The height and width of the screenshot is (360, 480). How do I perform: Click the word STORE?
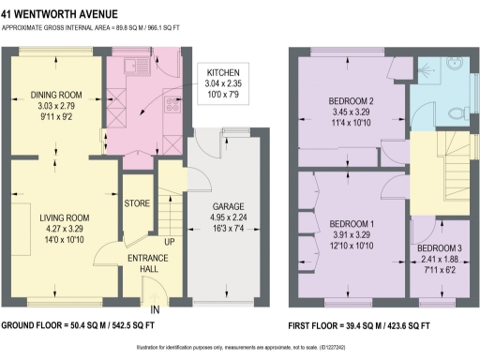click(137, 201)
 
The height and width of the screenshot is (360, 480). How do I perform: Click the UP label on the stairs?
click(169, 242)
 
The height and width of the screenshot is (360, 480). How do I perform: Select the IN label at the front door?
click(155, 308)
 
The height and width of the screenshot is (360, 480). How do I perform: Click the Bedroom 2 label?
click(352, 101)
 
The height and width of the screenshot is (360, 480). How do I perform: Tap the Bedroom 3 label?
click(440, 248)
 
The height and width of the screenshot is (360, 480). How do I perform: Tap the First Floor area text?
click(361, 324)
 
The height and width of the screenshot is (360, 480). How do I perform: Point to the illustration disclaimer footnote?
click(239, 348)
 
